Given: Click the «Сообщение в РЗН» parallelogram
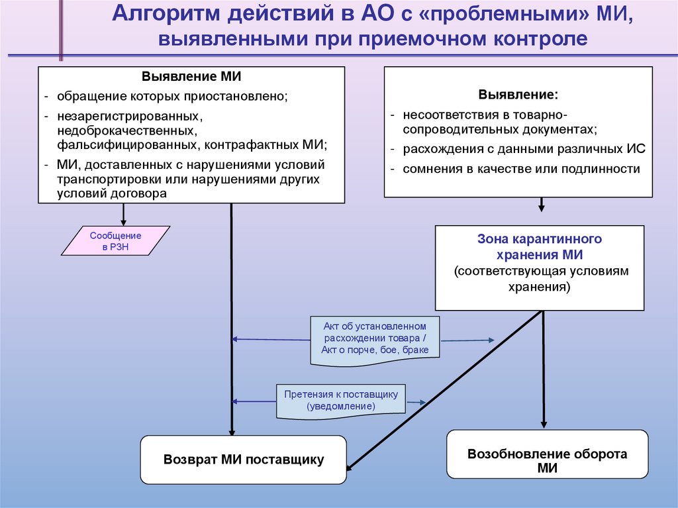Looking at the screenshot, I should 116,241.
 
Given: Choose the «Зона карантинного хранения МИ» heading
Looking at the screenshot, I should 540,246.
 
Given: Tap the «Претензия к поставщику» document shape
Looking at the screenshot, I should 341,400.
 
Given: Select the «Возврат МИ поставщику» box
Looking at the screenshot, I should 244,459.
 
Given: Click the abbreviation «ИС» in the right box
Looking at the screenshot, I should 638,149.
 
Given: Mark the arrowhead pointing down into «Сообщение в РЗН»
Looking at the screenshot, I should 123,222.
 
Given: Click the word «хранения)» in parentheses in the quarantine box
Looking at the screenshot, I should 539,287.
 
